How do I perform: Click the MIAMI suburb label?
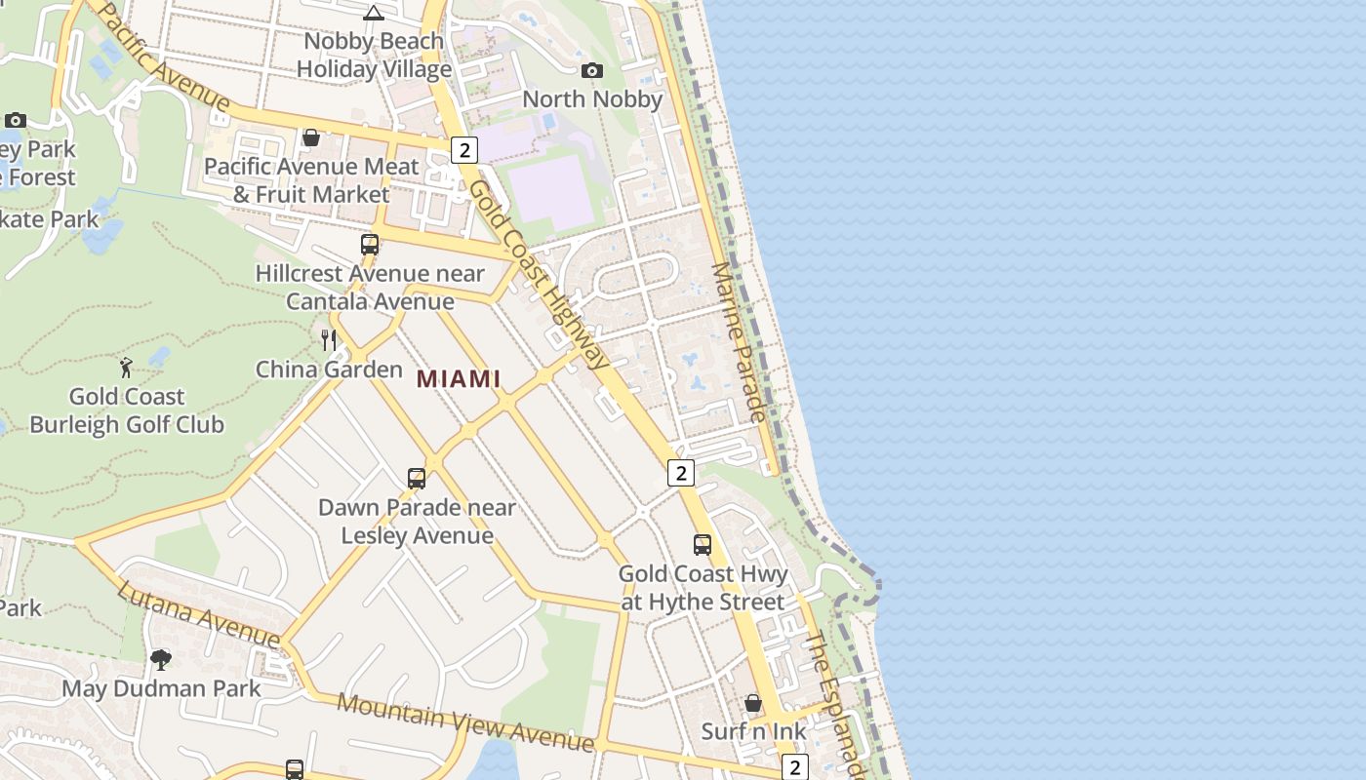pos(459,379)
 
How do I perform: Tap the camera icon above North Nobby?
pos(591,70)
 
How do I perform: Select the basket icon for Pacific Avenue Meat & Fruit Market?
pos(311,137)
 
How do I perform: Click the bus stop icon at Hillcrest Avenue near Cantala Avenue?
pos(370,244)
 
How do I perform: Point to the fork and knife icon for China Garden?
pos(329,339)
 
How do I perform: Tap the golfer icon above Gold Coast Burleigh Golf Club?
pos(126,367)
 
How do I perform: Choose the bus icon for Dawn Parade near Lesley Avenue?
pos(417,479)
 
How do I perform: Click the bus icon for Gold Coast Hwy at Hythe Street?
pos(703,545)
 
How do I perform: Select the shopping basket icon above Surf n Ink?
pos(753,702)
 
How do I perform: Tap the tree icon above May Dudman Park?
pos(161,660)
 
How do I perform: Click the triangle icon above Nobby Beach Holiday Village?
pos(374,13)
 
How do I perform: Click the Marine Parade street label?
pos(739,341)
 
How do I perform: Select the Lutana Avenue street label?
pos(199,614)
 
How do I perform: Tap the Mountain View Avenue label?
pos(465,722)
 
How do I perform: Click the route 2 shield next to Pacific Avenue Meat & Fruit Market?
pos(464,150)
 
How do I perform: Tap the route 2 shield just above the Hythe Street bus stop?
pos(680,473)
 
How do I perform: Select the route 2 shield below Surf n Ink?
pos(795,767)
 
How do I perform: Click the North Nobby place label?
pos(592,99)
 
